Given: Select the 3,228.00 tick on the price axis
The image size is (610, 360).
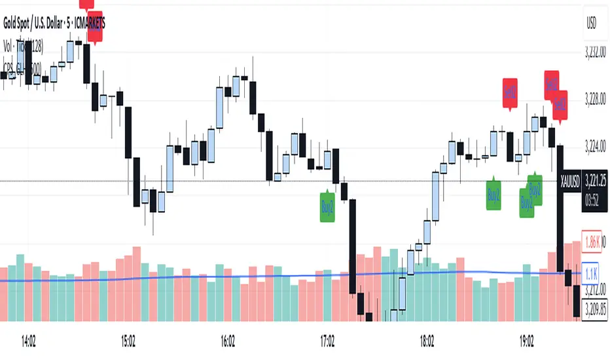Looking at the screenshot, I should pos(594,101).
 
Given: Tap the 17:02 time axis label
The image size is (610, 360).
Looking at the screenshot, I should pos(328,340).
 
